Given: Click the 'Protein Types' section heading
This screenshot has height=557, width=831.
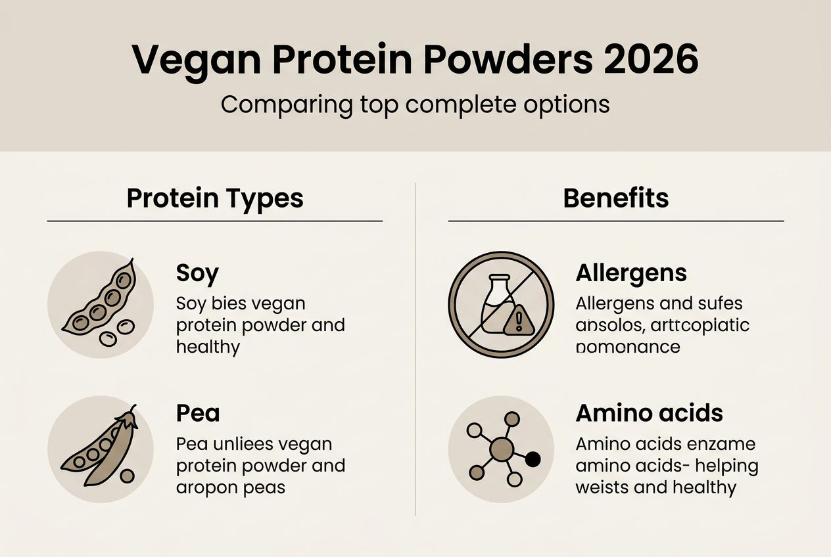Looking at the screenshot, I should [x=215, y=198].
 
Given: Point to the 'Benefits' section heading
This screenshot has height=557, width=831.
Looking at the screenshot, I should [x=616, y=198].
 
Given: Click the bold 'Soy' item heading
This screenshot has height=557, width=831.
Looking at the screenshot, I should [x=197, y=273].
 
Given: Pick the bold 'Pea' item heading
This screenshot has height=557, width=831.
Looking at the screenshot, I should [x=198, y=413].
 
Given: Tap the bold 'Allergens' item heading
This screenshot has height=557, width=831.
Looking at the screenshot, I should [x=631, y=273].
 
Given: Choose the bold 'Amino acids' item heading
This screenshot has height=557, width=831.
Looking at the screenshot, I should [x=649, y=413].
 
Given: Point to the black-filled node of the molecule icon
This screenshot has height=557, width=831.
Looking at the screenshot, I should [x=533, y=459].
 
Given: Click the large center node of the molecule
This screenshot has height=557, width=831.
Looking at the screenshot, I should [x=502, y=449].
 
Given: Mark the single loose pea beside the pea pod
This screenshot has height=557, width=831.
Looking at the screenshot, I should [x=128, y=476].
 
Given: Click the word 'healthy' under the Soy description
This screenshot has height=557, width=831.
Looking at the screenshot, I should [x=208, y=347].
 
